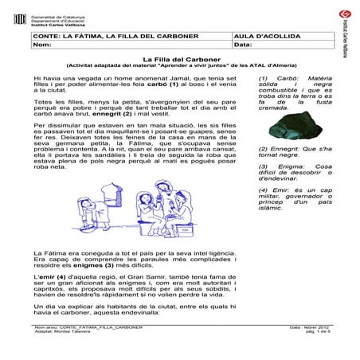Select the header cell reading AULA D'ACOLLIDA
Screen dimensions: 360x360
(x=262, y=37)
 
